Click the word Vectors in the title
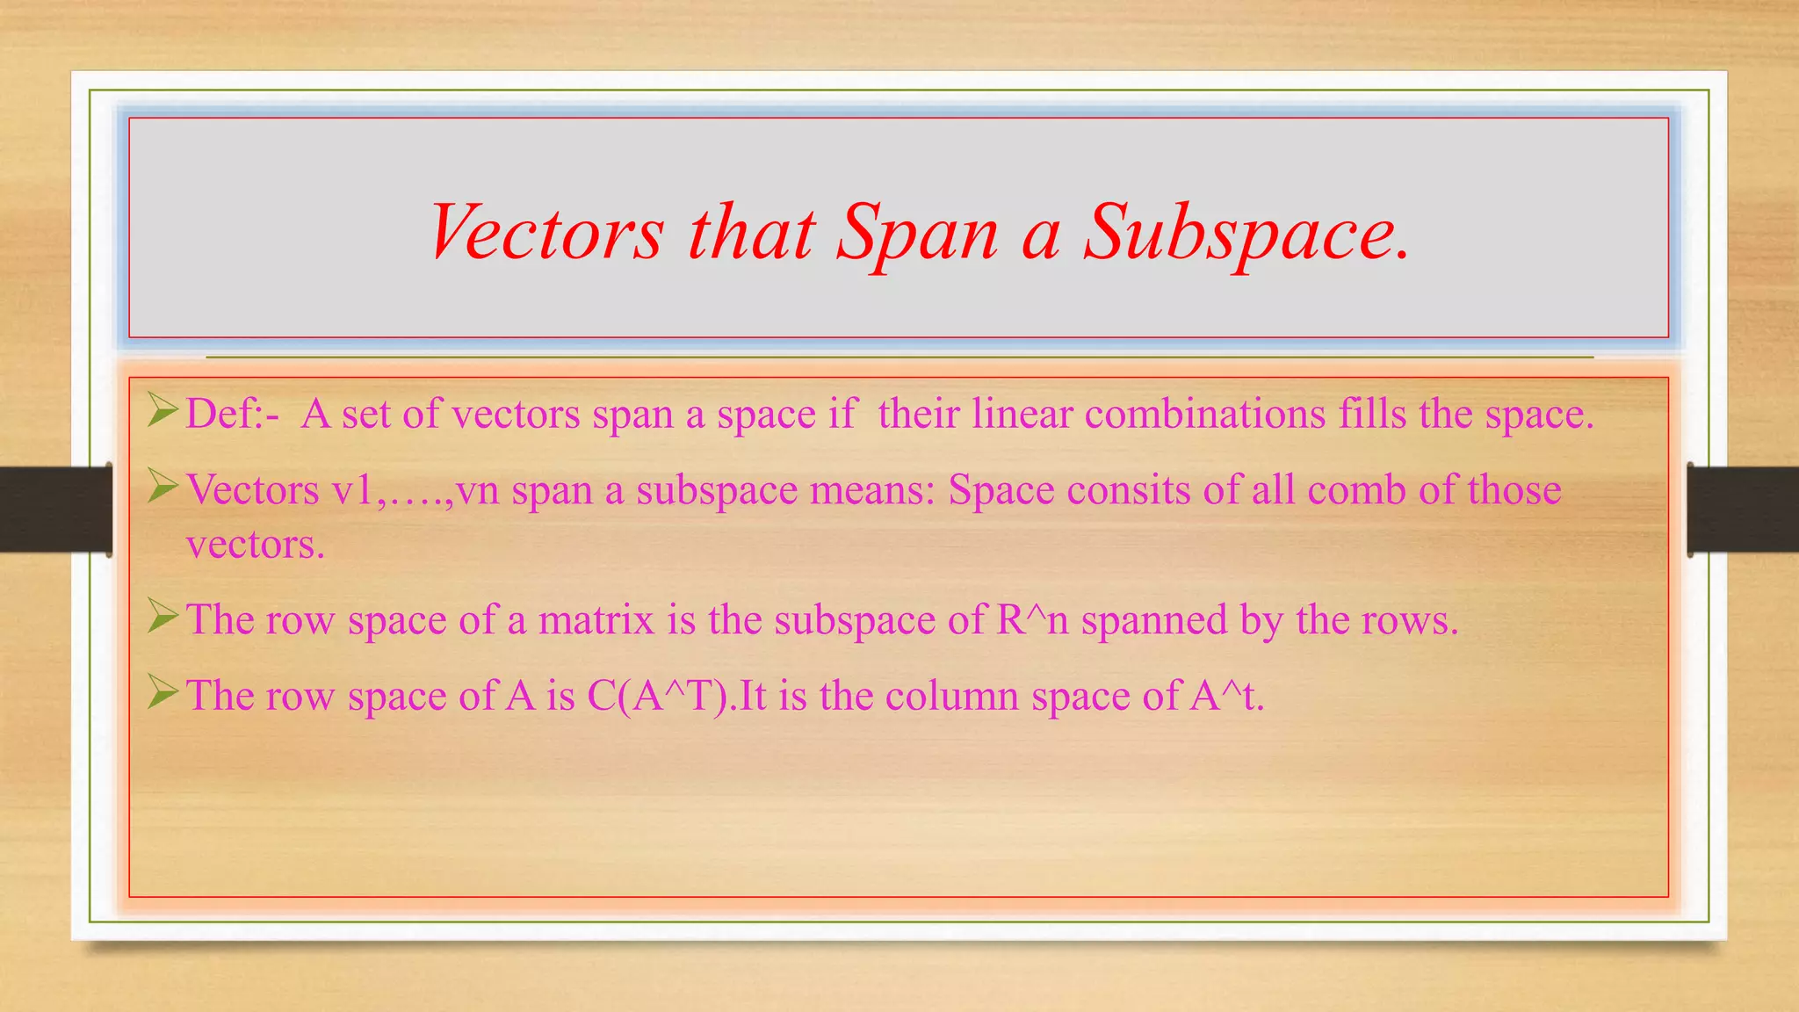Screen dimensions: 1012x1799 [545, 232]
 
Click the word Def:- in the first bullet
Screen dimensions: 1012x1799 [233, 414]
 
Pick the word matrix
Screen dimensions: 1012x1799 [596, 620]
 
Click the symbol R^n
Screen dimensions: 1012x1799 [1033, 620]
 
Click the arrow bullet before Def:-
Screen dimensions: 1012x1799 [163, 410]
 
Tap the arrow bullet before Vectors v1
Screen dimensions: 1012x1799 [163, 486]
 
